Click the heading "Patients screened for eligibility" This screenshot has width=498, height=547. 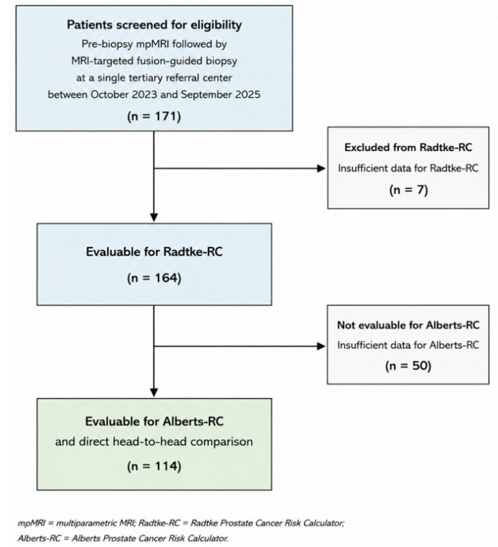(154, 25)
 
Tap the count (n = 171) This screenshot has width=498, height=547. (154, 117)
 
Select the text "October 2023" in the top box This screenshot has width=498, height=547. (124, 95)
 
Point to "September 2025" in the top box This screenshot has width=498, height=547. (221, 95)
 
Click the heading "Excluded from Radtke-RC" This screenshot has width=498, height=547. (408, 147)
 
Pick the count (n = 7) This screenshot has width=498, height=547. (409, 190)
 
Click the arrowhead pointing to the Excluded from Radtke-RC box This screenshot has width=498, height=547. (321, 168)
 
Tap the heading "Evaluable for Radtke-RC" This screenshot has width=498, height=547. (154, 252)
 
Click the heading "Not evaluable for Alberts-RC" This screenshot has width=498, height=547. (408, 325)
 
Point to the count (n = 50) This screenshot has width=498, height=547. (408, 366)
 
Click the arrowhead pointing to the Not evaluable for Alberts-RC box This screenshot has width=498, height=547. (321, 346)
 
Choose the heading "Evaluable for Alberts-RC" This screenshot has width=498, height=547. (154, 421)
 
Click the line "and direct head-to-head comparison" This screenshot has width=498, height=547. (154, 442)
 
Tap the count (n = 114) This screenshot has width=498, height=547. (154, 466)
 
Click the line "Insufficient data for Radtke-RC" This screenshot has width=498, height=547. (408, 168)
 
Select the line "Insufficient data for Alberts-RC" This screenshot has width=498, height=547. (408, 345)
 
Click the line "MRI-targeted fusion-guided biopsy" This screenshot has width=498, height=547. (154, 61)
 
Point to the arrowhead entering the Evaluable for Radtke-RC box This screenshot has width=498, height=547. (154, 218)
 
